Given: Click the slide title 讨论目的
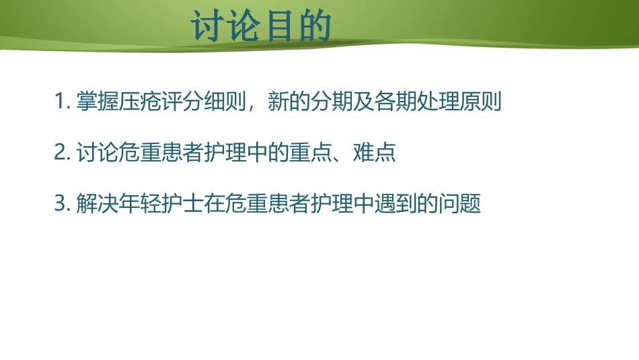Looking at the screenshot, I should point(262,28).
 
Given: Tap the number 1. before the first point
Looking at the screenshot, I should point(63,102).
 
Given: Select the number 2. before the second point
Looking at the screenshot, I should point(63,153).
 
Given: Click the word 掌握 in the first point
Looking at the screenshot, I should point(98,102).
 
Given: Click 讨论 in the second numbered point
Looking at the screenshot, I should point(98,153).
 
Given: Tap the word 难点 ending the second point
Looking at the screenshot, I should point(376,153).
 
